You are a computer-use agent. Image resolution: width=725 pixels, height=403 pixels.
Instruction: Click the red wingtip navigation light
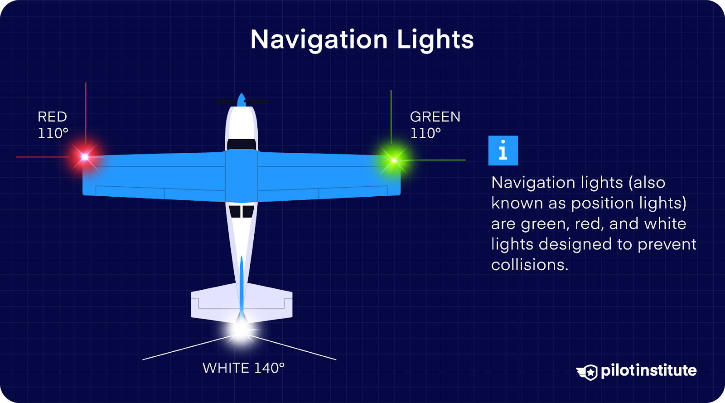tap(85, 157)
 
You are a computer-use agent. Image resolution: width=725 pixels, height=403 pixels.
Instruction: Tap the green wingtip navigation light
tap(394, 160)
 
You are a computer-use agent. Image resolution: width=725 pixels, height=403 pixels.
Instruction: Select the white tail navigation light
tap(241, 330)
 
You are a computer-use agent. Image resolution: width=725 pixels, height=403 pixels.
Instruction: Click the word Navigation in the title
tap(319, 40)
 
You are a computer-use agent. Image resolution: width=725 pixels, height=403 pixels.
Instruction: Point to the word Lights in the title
tap(435, 40)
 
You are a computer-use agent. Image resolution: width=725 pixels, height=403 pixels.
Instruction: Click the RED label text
tap(52, 117)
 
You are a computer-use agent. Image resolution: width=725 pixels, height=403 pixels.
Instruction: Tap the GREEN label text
tap(435, 117)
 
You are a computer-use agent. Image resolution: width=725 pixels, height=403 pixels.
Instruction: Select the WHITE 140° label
tap(243, 368)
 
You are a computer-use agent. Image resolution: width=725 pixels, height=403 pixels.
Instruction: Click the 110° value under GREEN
tap(425, 133)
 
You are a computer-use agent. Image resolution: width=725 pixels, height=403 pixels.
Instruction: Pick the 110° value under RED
tap(53, 133)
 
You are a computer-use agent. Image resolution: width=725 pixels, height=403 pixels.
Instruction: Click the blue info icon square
tap(503, 151)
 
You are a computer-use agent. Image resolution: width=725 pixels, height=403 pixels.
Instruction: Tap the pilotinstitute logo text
tap(648, 370)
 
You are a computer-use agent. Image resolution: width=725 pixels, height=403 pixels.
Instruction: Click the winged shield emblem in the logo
tap(587, 372)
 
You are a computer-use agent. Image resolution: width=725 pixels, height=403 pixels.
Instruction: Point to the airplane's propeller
tap(242, 101)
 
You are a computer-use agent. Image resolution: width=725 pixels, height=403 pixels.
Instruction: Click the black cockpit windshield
tap(242, 144)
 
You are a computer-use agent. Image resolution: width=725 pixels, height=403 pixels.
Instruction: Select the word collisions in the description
tap(529, 265)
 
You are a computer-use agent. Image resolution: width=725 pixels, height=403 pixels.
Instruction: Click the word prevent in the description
tap(667, 244)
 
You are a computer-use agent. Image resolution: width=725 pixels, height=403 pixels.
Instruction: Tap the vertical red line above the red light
tap(86, 113)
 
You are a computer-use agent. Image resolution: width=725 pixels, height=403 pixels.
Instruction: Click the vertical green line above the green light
tap(391, 118)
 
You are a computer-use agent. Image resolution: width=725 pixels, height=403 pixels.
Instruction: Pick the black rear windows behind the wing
tap(242, 211)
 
